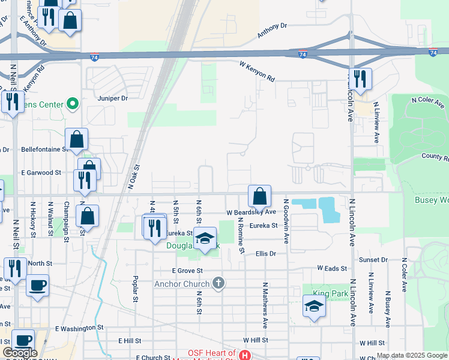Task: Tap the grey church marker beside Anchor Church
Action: (219, 283)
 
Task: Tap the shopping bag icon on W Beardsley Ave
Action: (259, 196)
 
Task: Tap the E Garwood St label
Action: (41, 172)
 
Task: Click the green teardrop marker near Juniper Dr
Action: (73, 104)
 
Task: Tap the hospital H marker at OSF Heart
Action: (244, 355)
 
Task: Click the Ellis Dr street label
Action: (265, 254)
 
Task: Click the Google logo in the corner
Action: (20, 353)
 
